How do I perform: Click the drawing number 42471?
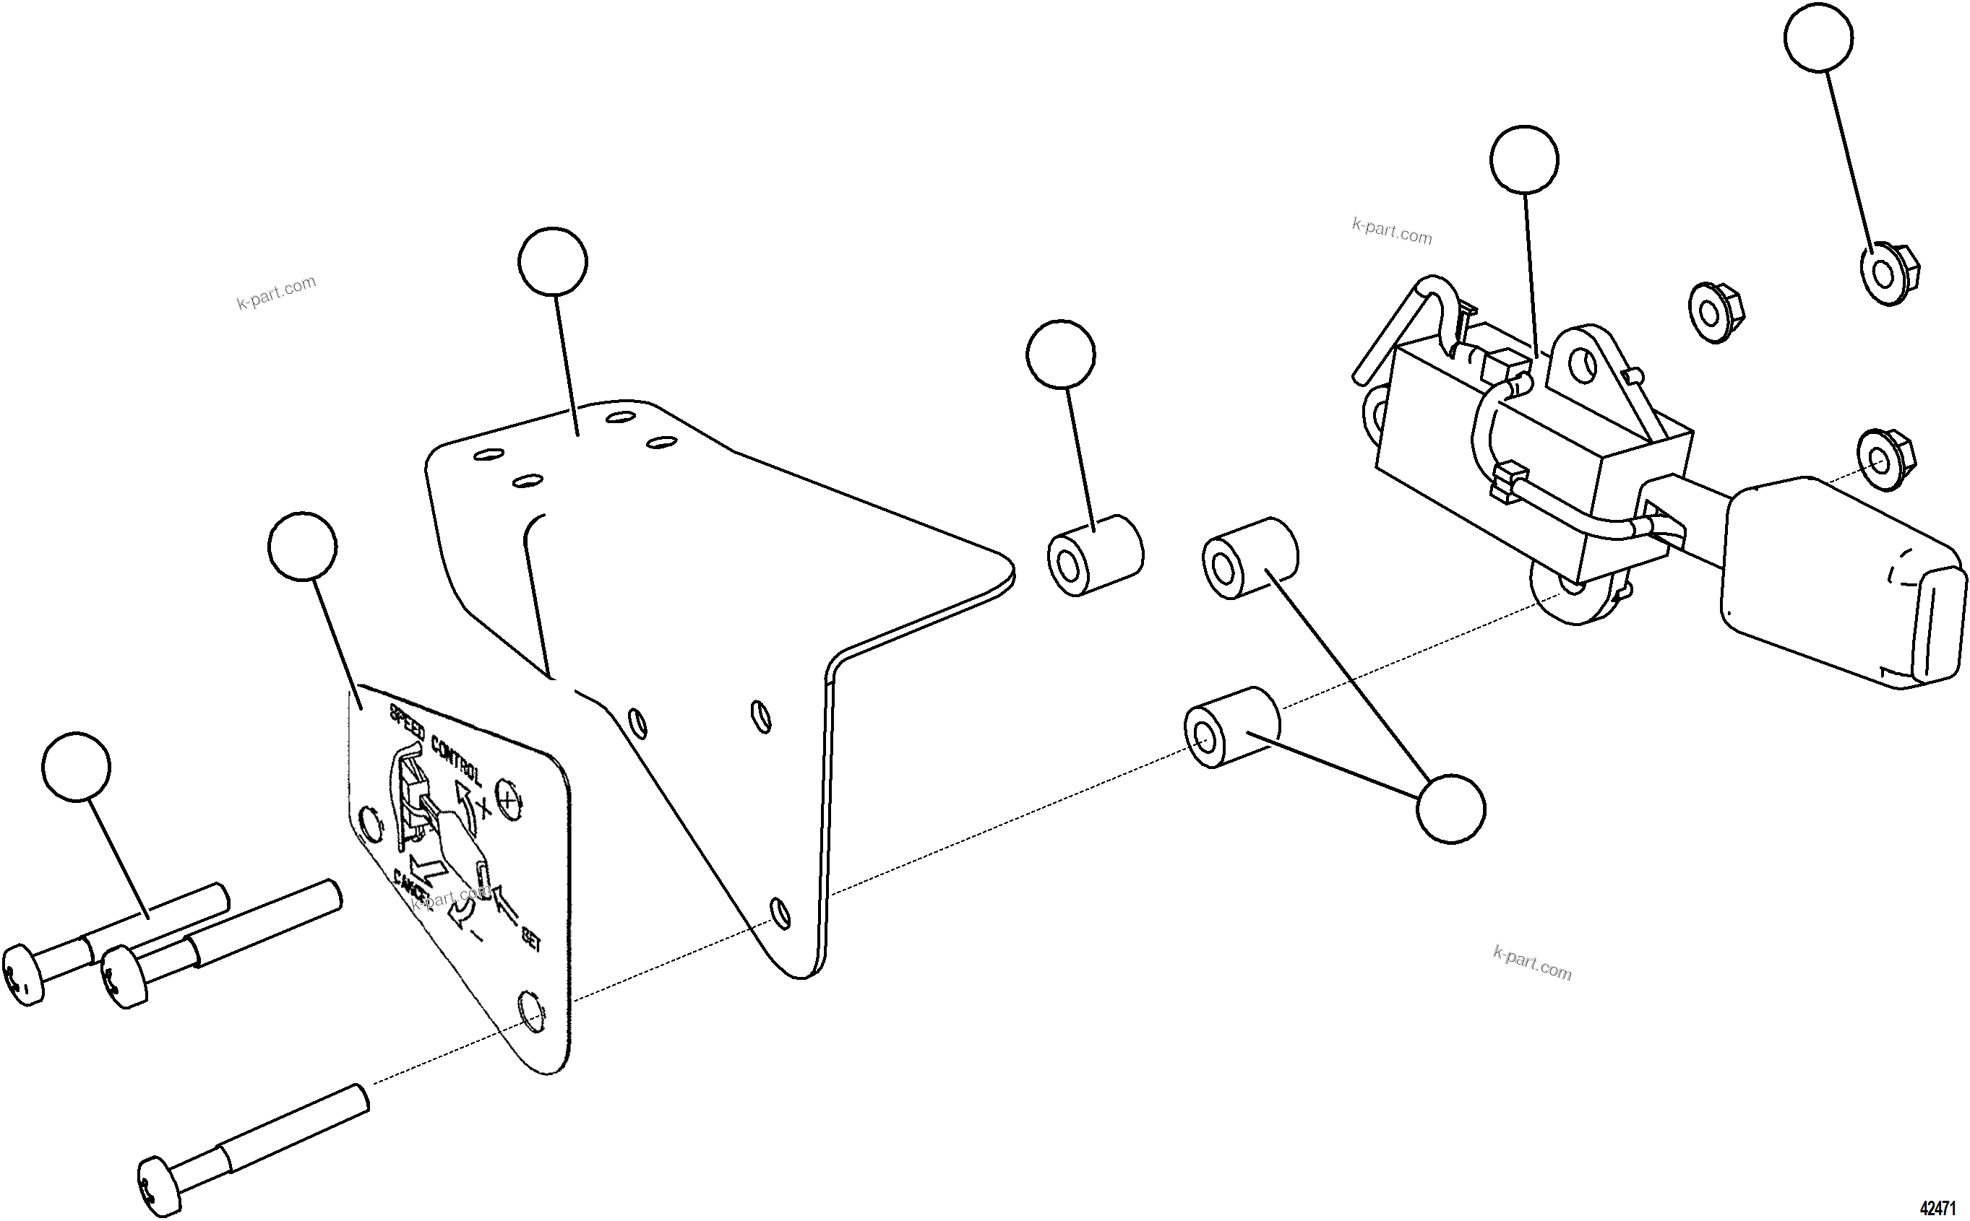click(x=1937, y=1208)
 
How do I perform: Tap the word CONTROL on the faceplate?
click(x=457, y=760)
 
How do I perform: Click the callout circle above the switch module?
click(x=1524, y=160)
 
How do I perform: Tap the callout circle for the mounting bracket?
click(x=553, y=261)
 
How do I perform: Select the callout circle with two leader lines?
click(x=1450, y=809)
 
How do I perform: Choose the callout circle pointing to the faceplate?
click(x=302, y=546)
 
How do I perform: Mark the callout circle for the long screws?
click(x=76, y=766)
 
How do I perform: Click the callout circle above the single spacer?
click(x=1060, y=354)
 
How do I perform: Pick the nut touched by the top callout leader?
click(x=1889, y=275)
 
